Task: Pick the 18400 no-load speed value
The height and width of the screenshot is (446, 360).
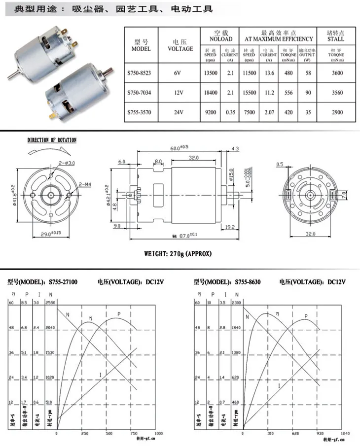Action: [211, 92]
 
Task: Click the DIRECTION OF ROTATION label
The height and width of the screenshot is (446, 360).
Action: [52, 140]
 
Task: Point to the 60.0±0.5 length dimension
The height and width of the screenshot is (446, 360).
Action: [180, 147]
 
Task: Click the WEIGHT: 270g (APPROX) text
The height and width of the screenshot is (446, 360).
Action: [178, 254]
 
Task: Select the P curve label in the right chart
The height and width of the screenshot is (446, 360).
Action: [306, 316]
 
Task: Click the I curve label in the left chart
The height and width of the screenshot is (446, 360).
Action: [101, 376]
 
